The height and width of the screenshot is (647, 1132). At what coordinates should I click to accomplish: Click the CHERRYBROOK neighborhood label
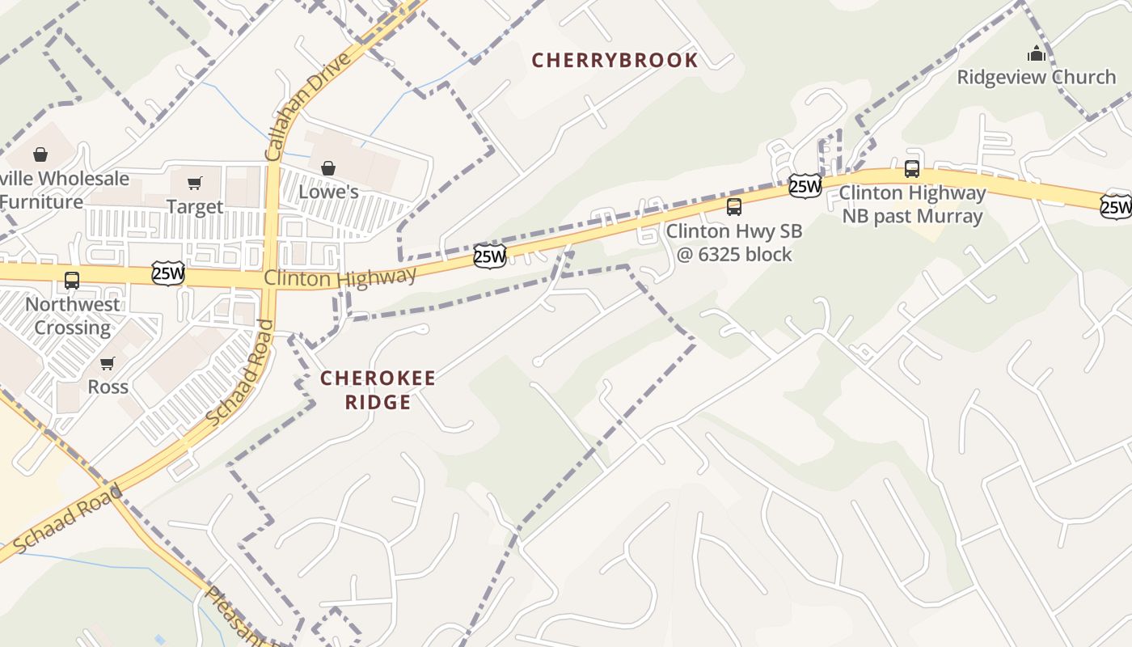pos(615,61)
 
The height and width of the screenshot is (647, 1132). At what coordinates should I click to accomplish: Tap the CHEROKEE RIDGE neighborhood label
pos(378,390)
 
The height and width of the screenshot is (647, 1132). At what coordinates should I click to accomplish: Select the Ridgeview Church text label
pos(1036,78)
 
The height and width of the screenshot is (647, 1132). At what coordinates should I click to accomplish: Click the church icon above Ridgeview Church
pos(1036,54)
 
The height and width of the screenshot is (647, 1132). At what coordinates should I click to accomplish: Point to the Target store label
pos(195,207)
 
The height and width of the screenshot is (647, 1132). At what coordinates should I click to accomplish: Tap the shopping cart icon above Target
pos(195,183)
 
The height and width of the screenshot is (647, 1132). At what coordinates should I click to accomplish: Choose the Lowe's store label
pos(328,192)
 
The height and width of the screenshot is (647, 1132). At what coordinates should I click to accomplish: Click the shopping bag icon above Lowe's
pos(328,168)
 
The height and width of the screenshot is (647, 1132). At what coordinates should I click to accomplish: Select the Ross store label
pos(108,387)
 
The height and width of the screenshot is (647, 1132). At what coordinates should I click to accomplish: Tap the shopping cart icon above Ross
pos(108,363)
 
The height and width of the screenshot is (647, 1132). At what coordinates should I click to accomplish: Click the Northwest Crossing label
pos(72,316)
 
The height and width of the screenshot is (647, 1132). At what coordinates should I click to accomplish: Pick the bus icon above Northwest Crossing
pos(72,281)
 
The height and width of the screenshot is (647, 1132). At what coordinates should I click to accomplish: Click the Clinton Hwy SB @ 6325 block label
pos(733,243)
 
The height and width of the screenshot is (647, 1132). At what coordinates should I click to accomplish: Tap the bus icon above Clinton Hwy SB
pos(733,207)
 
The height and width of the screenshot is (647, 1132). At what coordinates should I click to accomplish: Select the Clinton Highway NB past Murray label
pos(912,205)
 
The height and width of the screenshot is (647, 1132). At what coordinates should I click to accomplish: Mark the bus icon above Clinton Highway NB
pos(912,169)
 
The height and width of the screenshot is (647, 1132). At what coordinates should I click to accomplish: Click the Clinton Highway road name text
pos(340,277)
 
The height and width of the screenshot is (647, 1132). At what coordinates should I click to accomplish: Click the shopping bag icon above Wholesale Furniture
pos(40,154)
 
